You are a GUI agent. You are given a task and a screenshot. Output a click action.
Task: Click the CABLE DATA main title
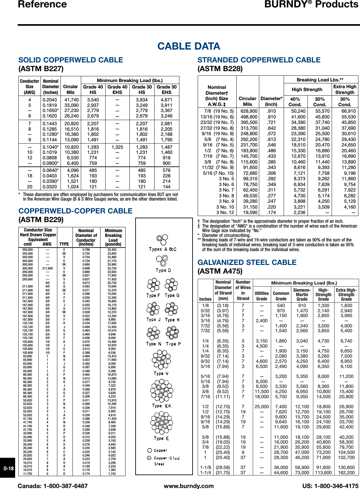189,46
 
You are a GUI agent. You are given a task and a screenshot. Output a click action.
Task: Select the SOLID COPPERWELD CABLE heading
71,60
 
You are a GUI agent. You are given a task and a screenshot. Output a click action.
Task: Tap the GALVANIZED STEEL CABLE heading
247,262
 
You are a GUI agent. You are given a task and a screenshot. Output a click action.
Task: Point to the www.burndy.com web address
189,486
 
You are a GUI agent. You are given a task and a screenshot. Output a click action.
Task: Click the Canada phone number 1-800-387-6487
53,486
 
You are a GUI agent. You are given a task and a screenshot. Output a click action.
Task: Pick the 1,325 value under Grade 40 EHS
117,147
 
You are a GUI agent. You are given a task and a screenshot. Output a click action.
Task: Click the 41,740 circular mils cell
71,100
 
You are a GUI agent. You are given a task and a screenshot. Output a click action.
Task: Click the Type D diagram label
163,270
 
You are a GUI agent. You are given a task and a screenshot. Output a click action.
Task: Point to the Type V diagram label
161,373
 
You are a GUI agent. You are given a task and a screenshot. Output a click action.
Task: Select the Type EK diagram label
162,406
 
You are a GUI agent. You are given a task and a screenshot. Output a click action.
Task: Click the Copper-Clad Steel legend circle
149,458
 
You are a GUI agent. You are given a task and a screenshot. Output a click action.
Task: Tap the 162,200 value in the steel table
346,473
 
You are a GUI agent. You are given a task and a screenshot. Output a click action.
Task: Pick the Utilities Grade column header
261,296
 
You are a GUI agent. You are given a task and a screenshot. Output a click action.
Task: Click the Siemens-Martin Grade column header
302,295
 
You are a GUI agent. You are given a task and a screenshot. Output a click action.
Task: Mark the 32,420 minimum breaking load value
112,249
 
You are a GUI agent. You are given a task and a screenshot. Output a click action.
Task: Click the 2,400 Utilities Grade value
261,321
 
